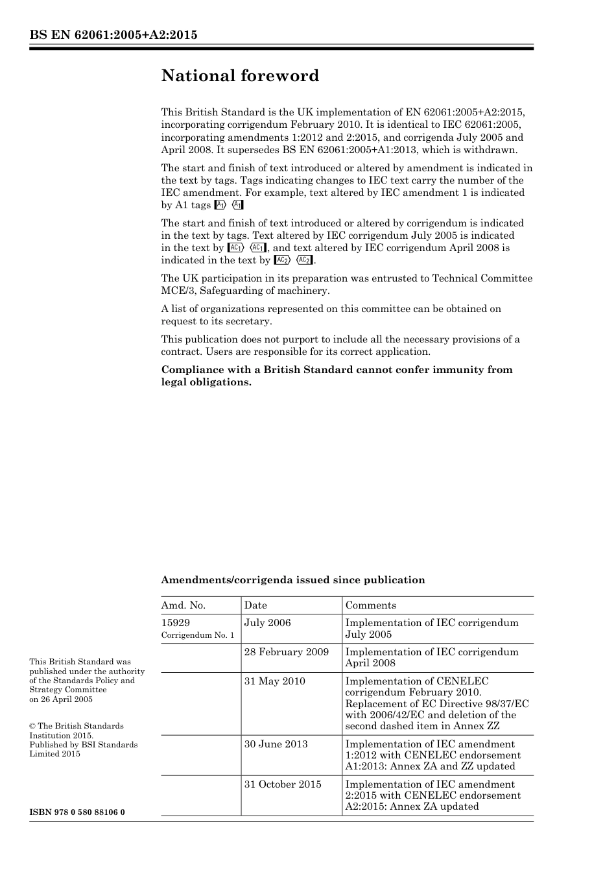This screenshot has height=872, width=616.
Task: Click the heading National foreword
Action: tap(240, 76)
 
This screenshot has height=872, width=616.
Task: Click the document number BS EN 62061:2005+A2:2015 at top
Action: tap(113, 35)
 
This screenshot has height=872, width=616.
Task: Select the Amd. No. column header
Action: tap(184, 605)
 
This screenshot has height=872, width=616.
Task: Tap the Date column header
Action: tap(255, 605)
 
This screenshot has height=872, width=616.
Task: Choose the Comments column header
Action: tap(370, 605)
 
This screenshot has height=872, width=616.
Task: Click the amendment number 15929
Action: tap(175, 623)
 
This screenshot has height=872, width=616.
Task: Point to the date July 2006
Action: tap(267, 623)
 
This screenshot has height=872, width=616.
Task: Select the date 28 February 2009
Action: tap(286, 652)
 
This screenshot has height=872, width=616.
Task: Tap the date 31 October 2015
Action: tap(283, 784)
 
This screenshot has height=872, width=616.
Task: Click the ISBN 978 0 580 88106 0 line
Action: tap(77, 812)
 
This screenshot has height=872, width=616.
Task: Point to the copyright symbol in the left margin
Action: tap(32, 727)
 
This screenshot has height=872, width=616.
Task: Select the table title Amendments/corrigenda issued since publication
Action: tap(293, 580)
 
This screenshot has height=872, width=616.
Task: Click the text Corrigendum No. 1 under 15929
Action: tap(198, 635)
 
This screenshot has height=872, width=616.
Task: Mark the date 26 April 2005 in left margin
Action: tap(66, 699)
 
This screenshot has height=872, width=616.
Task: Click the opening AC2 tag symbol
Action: tap(282, 260)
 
